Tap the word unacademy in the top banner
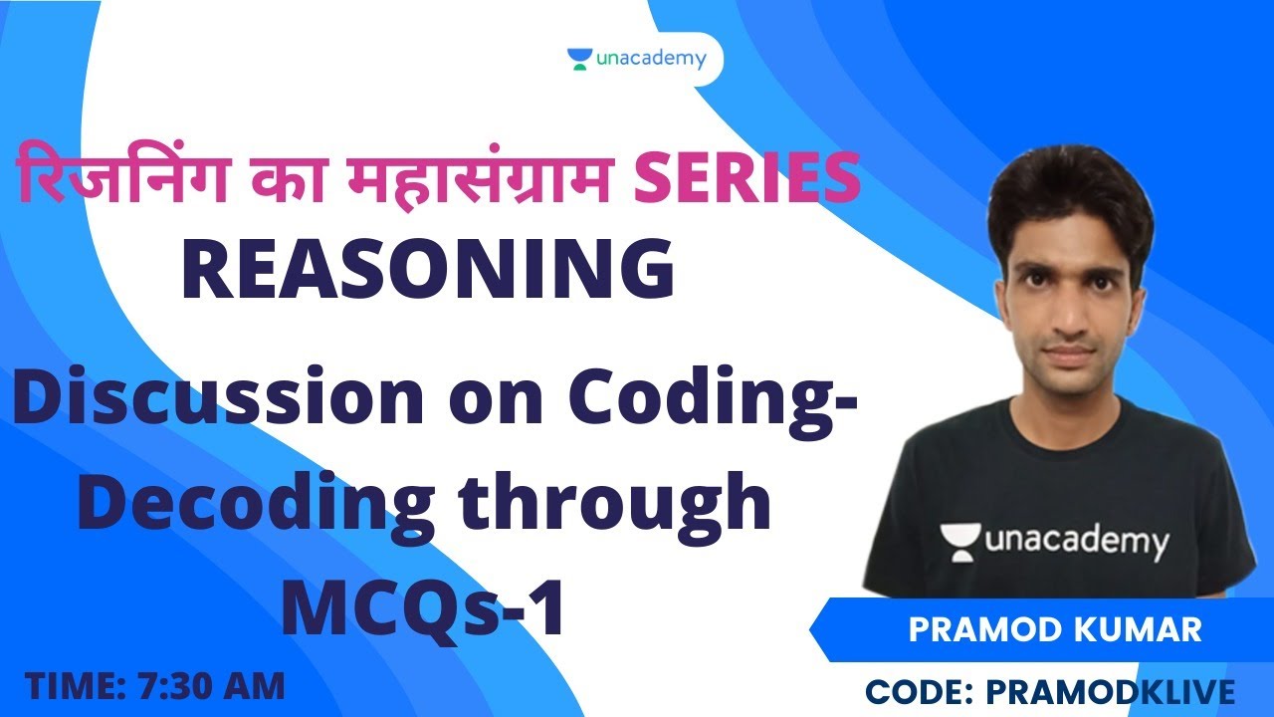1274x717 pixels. pos(651,59)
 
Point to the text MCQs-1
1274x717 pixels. pos(423,607)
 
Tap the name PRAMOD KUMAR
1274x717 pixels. pos(1056,630)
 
